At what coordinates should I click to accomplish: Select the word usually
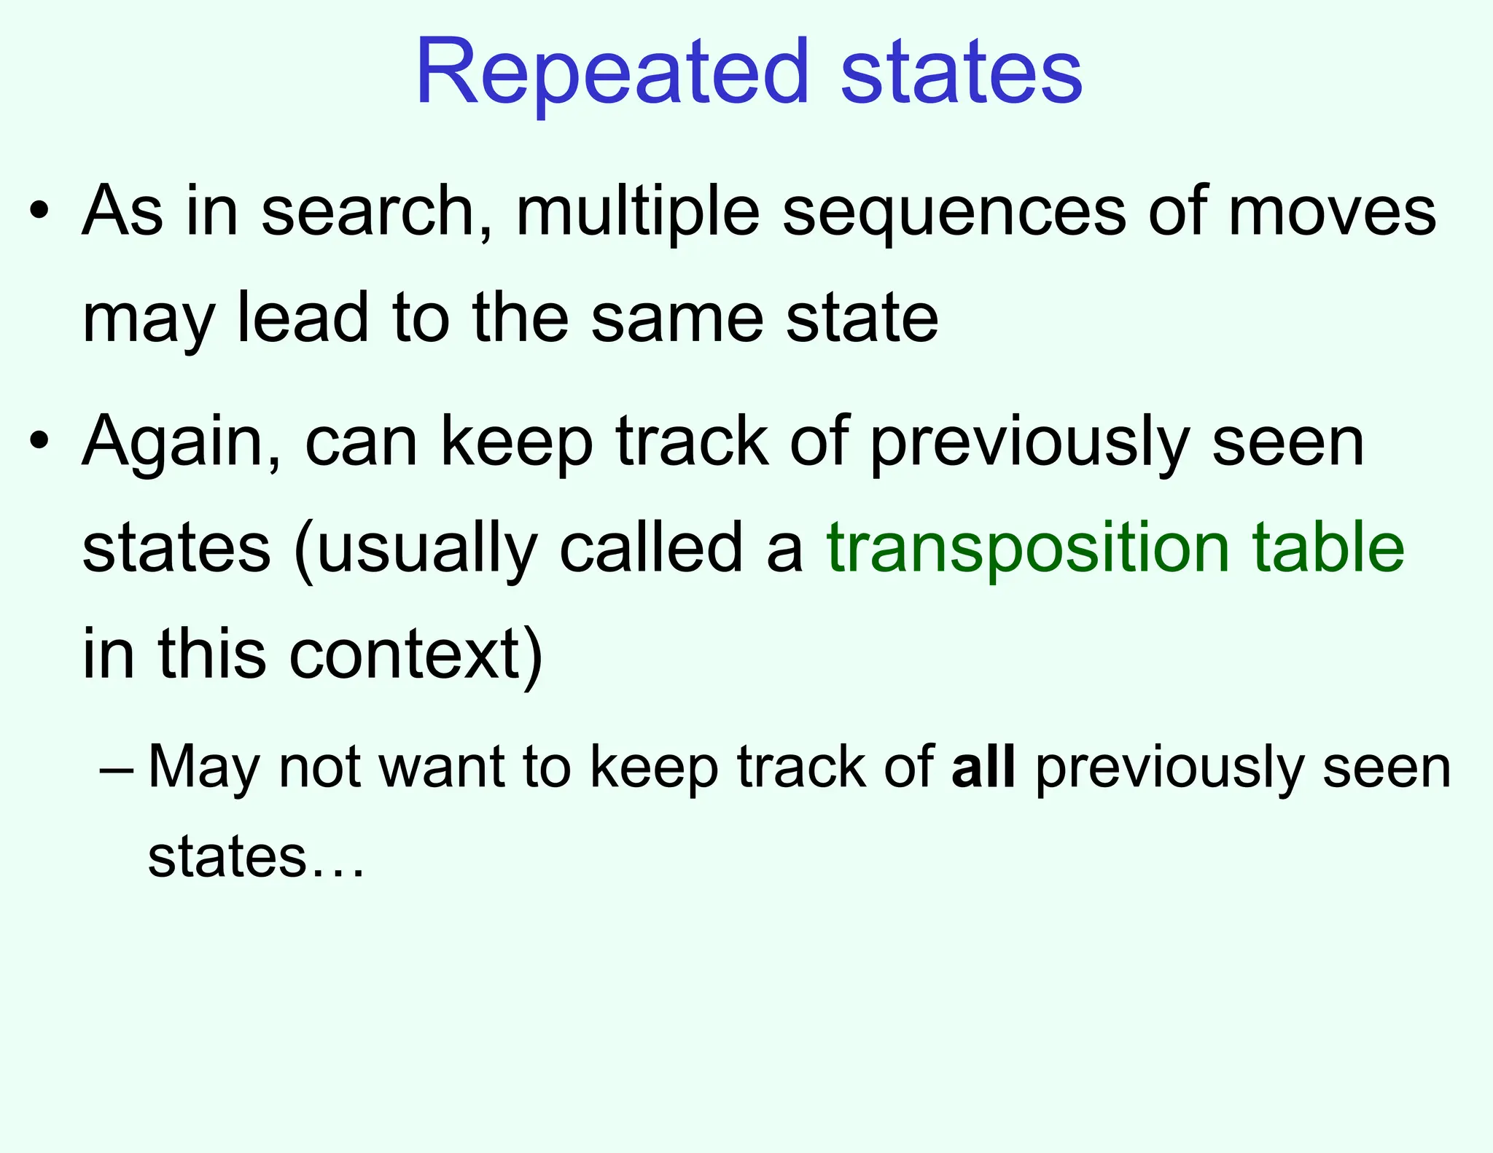[427, 550]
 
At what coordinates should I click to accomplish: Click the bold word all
[983, 767]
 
